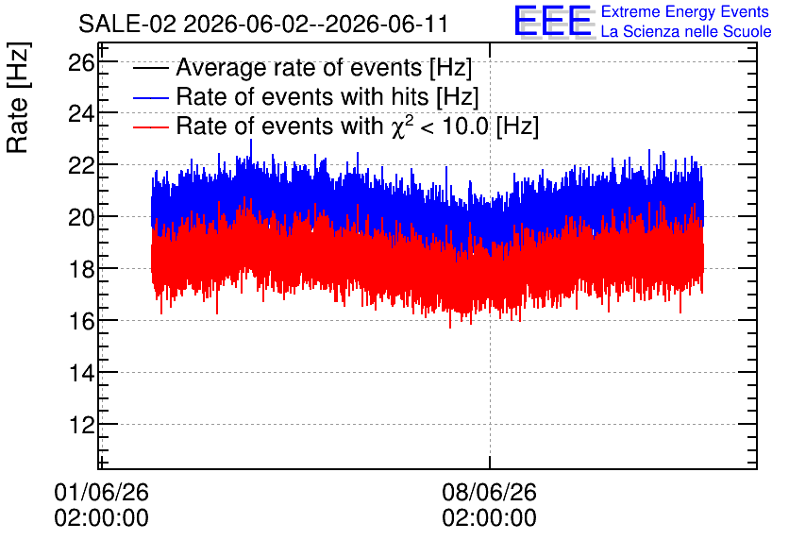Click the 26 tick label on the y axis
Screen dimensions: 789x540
click(x=81, y=63)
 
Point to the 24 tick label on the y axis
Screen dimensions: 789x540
click(x=81, y=115)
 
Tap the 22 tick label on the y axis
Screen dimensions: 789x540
click(x=81, y=166)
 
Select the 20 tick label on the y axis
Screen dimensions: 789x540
click(x=81, y=218)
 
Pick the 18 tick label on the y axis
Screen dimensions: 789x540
click(x=81, y=270)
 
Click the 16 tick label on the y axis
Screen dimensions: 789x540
click(x=81, y=322)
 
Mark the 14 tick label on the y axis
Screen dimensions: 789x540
click(x=81, y=374)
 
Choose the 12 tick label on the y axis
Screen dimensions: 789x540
click(x=81, y=425)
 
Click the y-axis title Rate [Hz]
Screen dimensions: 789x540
click(x=18, y=97)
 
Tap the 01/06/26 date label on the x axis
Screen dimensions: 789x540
click(x=102, y=492)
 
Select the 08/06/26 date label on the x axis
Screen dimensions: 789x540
click(x=490, y=492)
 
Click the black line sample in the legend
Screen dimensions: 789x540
click(x=150, y=68)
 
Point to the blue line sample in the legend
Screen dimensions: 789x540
click(x=150, y=97)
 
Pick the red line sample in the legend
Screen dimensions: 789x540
click(x=150, y=127)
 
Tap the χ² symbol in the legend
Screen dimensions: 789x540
click(x=403, y=127)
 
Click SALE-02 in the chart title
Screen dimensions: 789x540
click(x=127, y=24)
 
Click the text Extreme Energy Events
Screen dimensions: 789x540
click(x=685, y=11)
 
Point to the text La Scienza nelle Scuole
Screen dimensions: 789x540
click(x=686, y=31)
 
